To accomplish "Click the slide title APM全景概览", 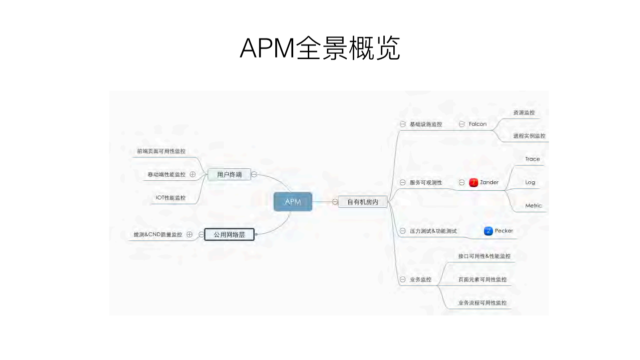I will click(320, 49).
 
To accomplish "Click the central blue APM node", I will click(293, 202).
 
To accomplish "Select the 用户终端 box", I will click(229, 174).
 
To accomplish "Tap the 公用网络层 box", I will click(229, 234).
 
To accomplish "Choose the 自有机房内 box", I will click(363, 202).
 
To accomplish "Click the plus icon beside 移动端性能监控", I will click(193, 174).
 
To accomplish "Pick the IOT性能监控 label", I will click(170, 198).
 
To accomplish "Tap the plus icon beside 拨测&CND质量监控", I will click(189, 234).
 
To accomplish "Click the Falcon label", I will click(477, 124).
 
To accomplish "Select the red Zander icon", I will click(473, 182).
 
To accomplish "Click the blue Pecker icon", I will click(488, 231).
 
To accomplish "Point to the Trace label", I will click(532, 159).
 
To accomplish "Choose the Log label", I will click(530, 182).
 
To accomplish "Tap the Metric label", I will click(533, 206).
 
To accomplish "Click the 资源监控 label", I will click(524, 113).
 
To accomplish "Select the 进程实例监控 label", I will click(529, 136).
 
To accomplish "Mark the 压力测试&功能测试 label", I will click(433, 231).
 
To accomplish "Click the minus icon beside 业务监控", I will click(402, 279).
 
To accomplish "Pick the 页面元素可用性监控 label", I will click(482, 279).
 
